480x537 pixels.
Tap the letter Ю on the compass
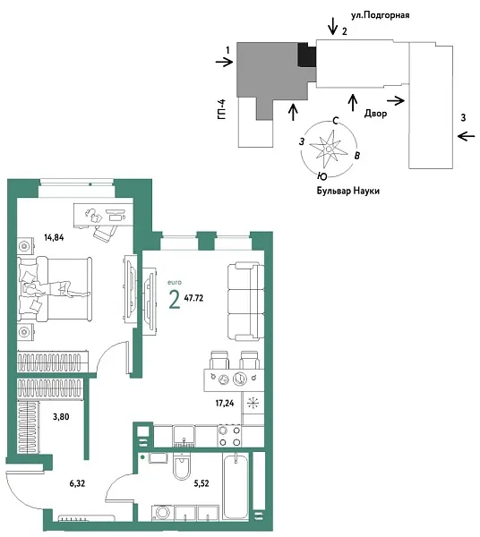[321, 176]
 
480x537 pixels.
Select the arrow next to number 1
[224, 62]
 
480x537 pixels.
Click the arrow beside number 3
[466, 135]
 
